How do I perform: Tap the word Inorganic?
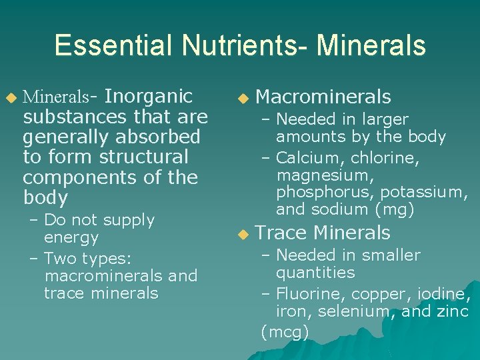tap(149, 97)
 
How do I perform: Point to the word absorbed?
tap(158, 137)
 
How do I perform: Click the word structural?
tap(143, 157)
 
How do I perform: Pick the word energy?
tap(71, 238)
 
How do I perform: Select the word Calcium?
tap(304, 158)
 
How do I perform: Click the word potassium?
tap(424, 193)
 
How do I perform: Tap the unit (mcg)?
tap(285, 331)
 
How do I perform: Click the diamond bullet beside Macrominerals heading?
tap(243, 99)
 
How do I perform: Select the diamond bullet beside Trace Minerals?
tap(243, 234)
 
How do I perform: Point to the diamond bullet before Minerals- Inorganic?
tap(10, 99)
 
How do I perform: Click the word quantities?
tap(315, 273)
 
